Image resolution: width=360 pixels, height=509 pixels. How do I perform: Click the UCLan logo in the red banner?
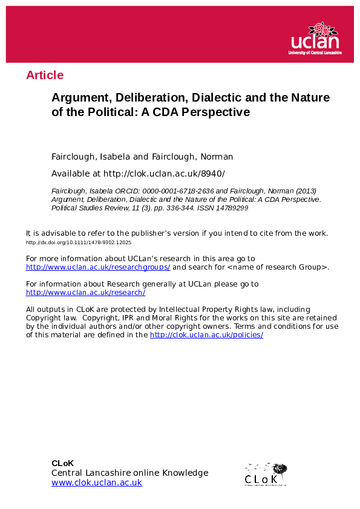[316, 38]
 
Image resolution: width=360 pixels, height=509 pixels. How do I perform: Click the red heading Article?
[45, 76]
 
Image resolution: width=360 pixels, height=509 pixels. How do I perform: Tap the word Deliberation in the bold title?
[136, 97]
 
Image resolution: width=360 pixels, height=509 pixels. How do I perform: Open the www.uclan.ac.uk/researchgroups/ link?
[98, 267]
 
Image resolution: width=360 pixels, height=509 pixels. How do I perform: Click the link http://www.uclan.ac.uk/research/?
[85, 293]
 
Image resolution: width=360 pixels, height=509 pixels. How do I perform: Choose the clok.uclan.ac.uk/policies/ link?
[206, 335]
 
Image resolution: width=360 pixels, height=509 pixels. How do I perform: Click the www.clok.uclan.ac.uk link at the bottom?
[97, 482]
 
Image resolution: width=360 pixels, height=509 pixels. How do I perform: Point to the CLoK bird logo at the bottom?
[266, 474]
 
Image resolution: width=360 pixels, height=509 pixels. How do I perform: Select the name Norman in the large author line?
[216, 157]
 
